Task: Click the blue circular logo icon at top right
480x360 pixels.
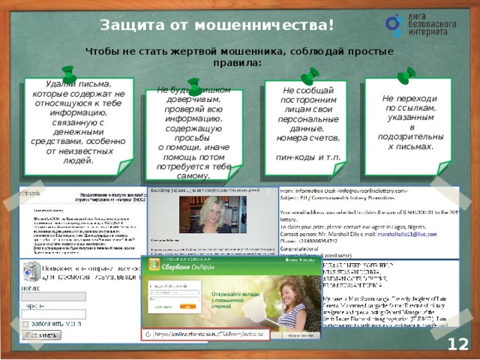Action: coord(395,23)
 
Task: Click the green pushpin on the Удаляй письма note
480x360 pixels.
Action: coord(70,73)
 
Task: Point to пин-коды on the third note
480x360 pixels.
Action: coord(294,157)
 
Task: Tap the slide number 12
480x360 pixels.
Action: coord(458,344)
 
